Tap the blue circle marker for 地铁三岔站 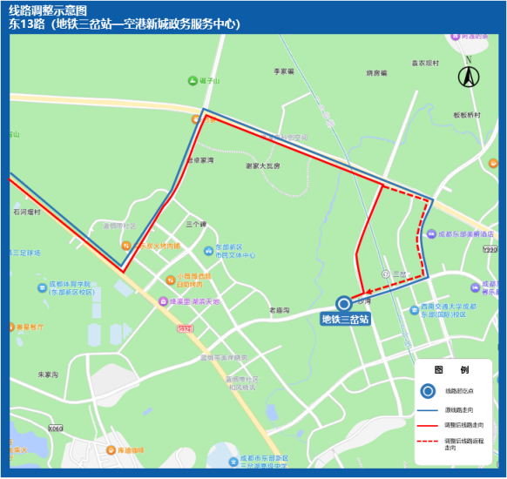pos(344,303)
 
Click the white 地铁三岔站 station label pos(345,320)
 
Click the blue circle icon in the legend pos(428,391)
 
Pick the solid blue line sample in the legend pos(428,409)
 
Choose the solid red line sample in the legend pos(428,424)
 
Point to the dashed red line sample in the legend pos(428,442)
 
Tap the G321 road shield pos(184,328)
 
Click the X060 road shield pos(57,428)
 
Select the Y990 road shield pos(493,248)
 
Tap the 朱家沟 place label pos(47,374)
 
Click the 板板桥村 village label pos(467,114)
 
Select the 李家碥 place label pos(285,71)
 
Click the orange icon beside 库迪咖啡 pos(110,450)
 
